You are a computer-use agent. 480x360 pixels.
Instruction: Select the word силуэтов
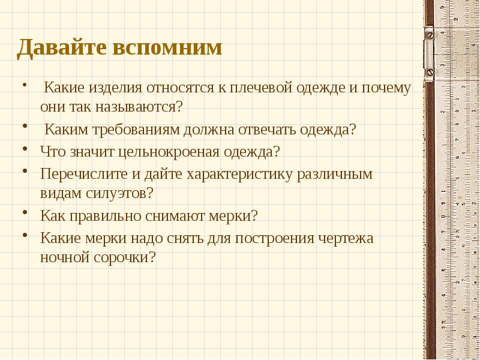pos(124,194)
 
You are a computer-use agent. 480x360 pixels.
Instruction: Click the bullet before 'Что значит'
pos(25,148)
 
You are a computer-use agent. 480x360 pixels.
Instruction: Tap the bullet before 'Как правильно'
pos(25,212)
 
